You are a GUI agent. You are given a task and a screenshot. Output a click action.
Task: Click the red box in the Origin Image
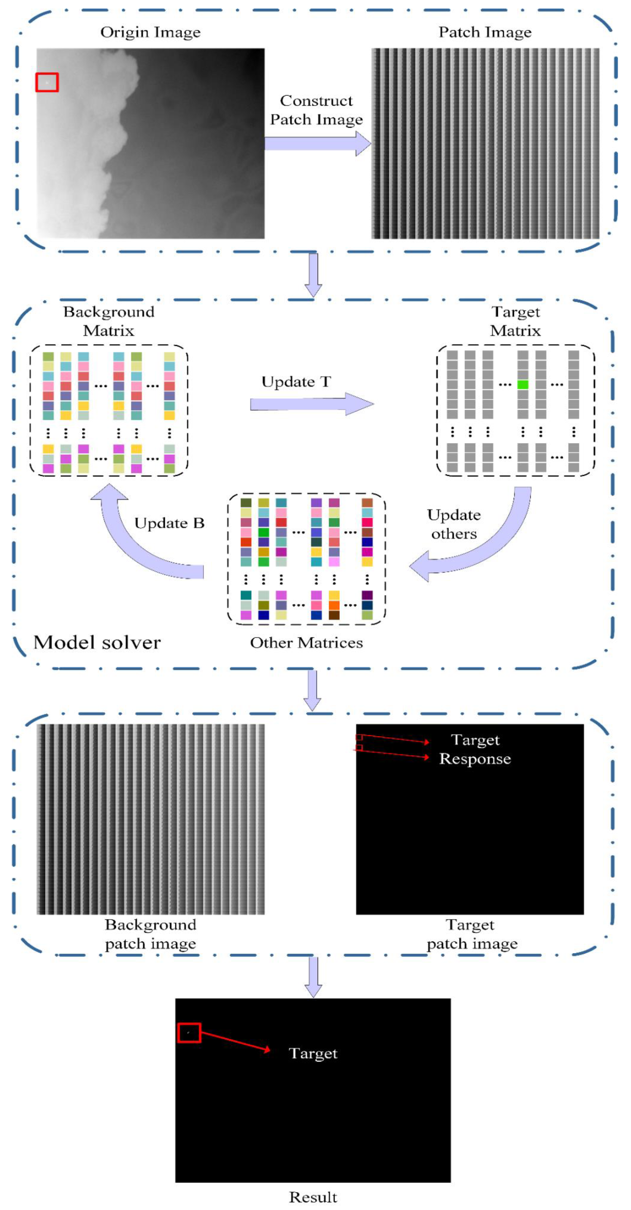coord(47,82)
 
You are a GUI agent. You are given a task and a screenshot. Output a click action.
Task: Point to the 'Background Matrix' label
coord(109,321)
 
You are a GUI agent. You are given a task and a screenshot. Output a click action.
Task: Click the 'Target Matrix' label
coord(515,321)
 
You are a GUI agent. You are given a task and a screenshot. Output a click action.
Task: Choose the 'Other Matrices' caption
coord(306,643)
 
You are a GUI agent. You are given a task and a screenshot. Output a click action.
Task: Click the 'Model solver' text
coord(97,642)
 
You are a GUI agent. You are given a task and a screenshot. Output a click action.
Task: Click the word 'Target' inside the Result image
coord(313,1053)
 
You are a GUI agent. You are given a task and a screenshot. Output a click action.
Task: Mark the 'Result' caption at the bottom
coord(313,1197)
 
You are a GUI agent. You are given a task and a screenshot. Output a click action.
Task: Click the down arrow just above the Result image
coord(313,977)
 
